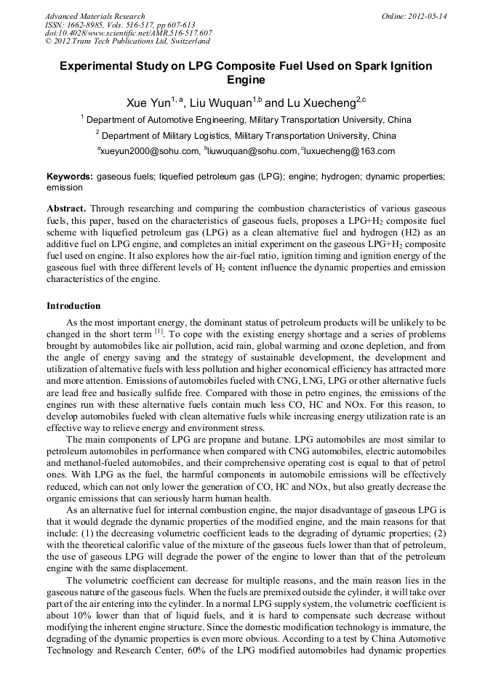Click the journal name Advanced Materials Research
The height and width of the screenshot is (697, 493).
coord(95,16)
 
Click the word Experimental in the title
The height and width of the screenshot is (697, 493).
coord(97,66)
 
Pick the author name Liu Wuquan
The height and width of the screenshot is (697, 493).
coord(220,103)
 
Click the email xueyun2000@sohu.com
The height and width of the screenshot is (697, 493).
coord(150,151)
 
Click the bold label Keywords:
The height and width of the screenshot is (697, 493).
coord(70,177)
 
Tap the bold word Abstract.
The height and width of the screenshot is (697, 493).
coord(67,208)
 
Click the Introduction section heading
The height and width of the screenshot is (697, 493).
coord(73,306)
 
